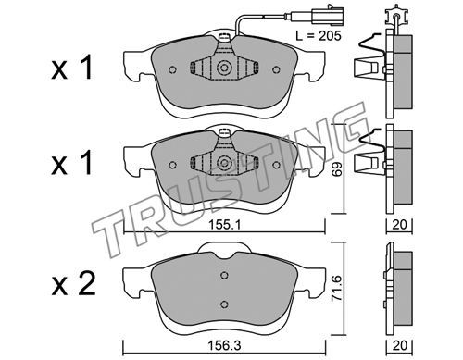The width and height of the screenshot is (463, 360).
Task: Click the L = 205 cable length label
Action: [319, 36]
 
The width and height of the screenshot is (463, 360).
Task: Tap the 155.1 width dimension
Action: [224, 225]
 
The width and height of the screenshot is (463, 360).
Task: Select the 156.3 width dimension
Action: [224, 345]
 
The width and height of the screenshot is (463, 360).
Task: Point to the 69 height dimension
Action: [337, 168]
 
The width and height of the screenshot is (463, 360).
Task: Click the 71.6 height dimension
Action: [337, 289]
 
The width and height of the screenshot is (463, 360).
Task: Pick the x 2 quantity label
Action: [73, 285]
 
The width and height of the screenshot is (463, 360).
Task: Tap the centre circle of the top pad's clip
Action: [224, 68]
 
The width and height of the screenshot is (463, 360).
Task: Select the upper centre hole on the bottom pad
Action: [224, 275]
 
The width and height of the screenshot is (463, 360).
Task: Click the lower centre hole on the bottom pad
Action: [224, 304]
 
